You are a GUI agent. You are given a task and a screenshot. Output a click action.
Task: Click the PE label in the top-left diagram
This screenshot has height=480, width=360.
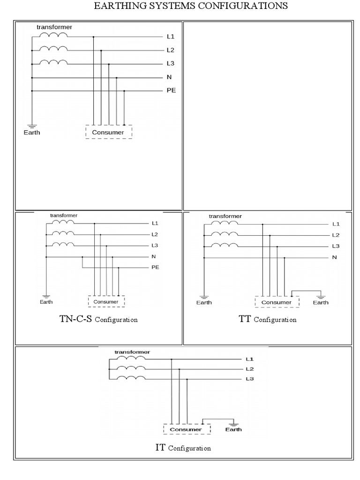[x=171, y=90]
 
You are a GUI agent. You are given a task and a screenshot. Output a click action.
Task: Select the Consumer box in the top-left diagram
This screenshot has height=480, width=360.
[x=108, y=132]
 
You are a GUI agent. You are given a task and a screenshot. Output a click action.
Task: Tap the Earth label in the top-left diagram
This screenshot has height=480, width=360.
[x=32, y=132]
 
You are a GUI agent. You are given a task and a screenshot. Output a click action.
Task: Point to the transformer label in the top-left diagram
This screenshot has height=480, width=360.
[x=54, y=27]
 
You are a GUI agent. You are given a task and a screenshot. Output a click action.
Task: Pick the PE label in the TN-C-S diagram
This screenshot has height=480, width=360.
[x=155, y=268]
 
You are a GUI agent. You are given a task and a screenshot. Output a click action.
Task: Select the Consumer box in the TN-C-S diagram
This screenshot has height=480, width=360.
[x=106, y=301]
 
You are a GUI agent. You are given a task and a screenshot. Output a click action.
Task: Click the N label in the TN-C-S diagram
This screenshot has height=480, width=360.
[x=154, y=256]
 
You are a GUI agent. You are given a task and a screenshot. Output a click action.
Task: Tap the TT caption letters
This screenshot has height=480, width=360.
[x=244, y=319]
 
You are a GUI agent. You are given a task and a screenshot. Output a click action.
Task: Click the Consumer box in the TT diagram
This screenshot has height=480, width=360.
[x=276, y=302]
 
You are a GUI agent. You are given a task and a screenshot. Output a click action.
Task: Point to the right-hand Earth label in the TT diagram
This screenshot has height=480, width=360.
[x=321, y=302]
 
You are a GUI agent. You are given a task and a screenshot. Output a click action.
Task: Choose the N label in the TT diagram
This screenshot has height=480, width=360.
[x=335, y=257]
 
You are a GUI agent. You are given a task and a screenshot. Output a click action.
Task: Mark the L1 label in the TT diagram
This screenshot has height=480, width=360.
[x=336, y=224]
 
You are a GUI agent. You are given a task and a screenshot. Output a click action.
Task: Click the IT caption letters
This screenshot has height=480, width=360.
[x=160, y=447]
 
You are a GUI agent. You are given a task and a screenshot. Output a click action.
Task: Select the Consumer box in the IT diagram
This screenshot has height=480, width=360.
[x=186, y=429]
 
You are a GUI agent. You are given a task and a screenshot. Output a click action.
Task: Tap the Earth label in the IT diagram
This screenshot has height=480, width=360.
[x=234, y=429]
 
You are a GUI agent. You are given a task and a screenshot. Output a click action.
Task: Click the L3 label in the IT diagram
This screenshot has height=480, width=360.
[x=249, y=379]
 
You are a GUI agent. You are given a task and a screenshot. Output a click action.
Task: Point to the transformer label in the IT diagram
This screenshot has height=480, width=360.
[x=132, y=352]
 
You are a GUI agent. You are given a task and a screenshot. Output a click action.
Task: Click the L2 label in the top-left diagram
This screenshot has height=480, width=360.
[x=171, y=50]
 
